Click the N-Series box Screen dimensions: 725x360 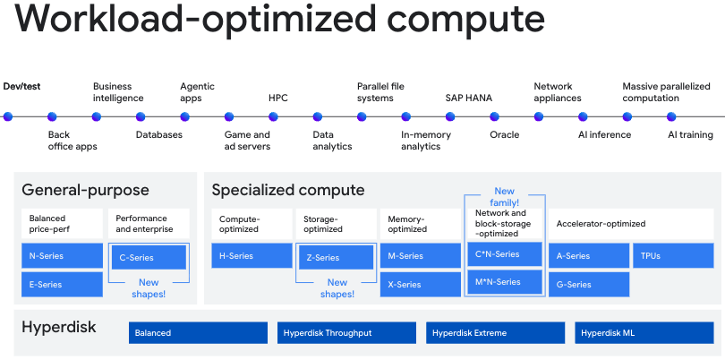(62, 256)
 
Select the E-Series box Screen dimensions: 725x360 (62, 285)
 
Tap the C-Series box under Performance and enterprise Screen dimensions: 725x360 (149, 257)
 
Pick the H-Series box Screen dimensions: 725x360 (252, 256)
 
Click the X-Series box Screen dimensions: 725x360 (421, 285)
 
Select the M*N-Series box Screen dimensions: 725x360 (505, 282)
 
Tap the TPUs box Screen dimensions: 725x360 (673, 256)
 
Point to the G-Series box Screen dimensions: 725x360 (589, 285)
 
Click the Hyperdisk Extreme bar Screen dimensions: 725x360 (495, 333)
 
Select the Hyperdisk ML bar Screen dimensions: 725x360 (644, 333)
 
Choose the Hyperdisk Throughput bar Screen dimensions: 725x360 (346, 333)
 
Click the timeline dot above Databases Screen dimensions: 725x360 (141, 116)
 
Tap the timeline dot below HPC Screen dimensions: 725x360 (273, 116)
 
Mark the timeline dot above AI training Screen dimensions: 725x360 (671, 116)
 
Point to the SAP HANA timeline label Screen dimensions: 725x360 (469, 99)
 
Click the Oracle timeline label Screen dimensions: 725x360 (505, 134)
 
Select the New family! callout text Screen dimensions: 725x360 (505, 197)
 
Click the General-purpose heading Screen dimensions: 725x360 (86, 190)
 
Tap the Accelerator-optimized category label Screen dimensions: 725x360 (601, 224)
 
